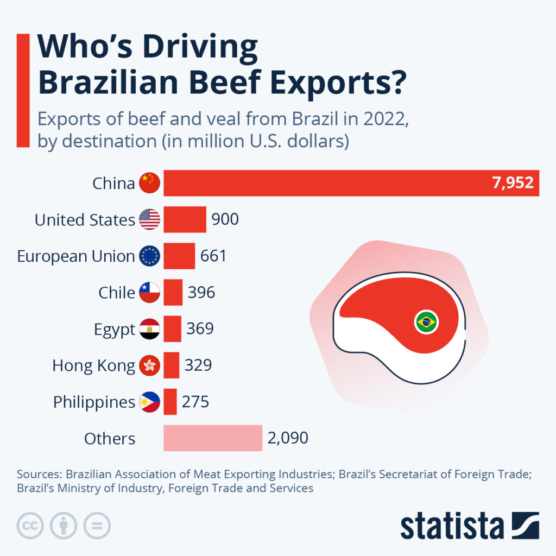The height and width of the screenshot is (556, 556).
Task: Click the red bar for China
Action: [x=326, y=183]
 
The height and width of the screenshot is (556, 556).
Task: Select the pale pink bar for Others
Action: [x=213, y=438]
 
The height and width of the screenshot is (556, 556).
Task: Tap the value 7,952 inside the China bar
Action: [x=513, y=183]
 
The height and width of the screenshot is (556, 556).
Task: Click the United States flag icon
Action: [x=149, y=219]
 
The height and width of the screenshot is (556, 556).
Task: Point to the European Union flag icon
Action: [x=149, y=256]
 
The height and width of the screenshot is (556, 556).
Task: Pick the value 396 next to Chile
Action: [x=201, y=293]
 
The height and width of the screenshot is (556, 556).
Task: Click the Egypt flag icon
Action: [x=149, y=329]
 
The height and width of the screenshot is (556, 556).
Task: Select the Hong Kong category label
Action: [x=93, y=365]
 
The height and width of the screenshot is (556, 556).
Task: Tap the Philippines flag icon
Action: [x=149, y=402]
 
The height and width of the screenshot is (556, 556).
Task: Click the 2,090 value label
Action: [x=288, y=438]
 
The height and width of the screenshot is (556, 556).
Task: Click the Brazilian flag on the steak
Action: [x=426, y=323]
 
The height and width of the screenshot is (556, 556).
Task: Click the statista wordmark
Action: [x=452, y=526]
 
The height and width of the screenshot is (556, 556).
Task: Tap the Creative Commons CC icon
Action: [x=30, y=526]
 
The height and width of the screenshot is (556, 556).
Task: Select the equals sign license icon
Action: [x=97, y=526]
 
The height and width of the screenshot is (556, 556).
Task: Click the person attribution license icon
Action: [x=64, y=526]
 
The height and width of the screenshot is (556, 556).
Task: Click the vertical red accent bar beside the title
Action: [x=23, y=90]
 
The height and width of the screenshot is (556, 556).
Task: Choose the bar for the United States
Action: [x=185, y=219]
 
